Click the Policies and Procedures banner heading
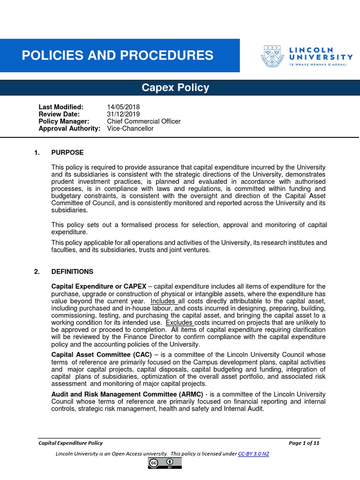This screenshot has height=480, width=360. pyautogui.click(x=117, y=56)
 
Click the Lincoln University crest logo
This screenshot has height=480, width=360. pyautogui.click(x=272, y=56)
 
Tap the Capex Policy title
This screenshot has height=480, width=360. pyautogui.click(x=176, y=88)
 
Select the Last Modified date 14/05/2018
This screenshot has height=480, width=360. pyautogui.click(x=123, y=107)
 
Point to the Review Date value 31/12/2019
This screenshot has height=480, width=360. pyautogui.click(x=123, y=114)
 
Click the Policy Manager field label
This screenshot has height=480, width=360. pyautogui.click(x=64, y=121)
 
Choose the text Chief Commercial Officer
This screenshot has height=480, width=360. pyautogui.click(x=143, y=121)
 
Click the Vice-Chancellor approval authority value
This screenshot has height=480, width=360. pyautogui.click(x=130, y=128)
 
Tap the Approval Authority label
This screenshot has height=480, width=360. pyautogui.click(x=69, y=128)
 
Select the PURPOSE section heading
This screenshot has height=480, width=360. pyautogui.click(x=67, y=152)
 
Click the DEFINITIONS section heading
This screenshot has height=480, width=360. pyautogui.click(x=72, y=271)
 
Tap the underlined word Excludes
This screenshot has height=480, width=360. pyautogui.click(x=179, y=322)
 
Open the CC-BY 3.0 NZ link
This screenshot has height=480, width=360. pyautogui.click(x=254, y=454)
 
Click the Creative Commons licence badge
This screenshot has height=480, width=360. pyautogui.click(x=165, y=463)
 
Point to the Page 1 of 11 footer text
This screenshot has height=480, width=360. pyautogui.click(x=304, y=443)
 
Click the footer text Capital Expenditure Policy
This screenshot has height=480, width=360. pyautogui.click(x=70, y=443)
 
